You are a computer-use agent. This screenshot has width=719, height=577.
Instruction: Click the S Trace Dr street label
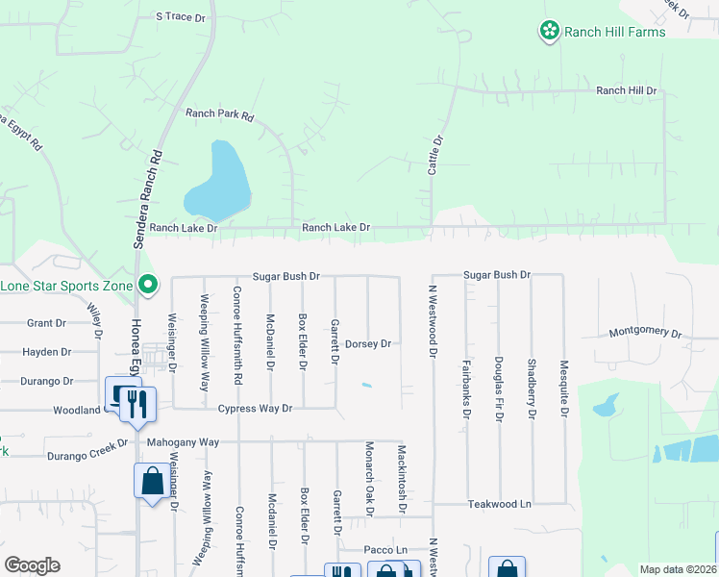[x=181, y=17]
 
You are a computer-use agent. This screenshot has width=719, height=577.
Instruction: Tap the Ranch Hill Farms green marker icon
[x=549, y=32]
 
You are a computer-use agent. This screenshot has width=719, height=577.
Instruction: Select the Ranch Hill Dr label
[x=626, y=90]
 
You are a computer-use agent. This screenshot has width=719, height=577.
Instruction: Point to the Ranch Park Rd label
[x=219, y=114]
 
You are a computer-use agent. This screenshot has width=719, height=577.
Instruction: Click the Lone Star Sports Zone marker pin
[x=148, y=285]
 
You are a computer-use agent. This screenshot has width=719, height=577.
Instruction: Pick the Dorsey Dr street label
[x=369, y=343]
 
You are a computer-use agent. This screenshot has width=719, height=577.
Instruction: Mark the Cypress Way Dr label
[x=255, y=409]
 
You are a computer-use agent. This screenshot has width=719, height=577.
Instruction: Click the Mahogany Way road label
[x=184, y=442]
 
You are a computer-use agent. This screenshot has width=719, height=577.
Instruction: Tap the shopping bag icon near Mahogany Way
[x=152, y=480]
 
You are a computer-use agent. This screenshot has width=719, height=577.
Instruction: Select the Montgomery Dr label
[x=645, y=332]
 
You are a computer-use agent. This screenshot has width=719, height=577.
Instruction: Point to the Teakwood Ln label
[x=500, y=504]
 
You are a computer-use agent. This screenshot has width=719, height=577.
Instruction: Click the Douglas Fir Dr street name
[x=498, y=387]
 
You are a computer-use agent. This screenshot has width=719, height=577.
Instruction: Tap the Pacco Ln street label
[x=385, y=550]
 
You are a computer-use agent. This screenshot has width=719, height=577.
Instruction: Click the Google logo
[x=32, y=565]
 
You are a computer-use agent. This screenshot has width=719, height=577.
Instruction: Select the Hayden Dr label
[x=47, y=353]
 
